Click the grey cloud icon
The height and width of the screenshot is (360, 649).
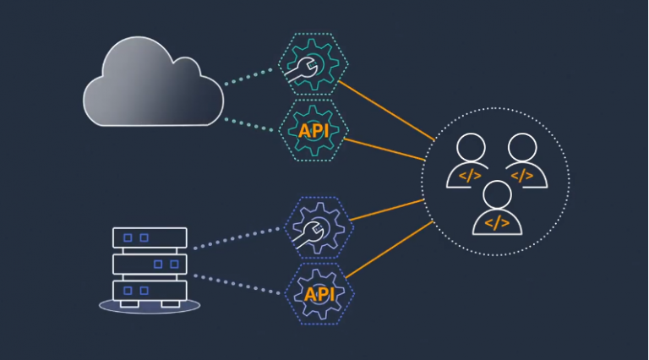coord(153,83)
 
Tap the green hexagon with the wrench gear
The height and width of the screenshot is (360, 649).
coord(313,64)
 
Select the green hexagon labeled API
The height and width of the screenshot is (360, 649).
coord(314,130)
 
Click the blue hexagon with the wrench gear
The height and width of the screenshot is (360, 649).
coord(319,228)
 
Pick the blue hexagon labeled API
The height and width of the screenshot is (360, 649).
coord(319,294)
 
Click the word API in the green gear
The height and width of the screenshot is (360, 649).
coord(314,131)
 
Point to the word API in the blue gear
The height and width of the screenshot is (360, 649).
coord(319,295)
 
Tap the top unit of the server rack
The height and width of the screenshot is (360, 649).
coord(150,238)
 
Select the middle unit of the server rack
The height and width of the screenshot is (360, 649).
coord(150,264)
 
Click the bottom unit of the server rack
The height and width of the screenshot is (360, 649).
coord(150,291)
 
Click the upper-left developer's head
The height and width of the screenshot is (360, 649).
coord(471,148)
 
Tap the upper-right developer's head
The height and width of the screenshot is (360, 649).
coord(522,148)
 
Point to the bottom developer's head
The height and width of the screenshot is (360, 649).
coord(497,195)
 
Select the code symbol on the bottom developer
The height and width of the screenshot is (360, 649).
coord(497,223)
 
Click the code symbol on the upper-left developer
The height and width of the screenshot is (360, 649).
coord(470,176)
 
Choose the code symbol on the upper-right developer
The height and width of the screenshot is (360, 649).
coord(522,176)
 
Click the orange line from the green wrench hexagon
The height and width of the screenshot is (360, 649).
coord(386,111)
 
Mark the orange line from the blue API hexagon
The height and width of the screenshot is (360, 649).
coord(389,249)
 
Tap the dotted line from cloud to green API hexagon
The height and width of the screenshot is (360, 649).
coord(248,125)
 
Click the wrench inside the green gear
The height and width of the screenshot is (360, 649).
coord(301,69)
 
